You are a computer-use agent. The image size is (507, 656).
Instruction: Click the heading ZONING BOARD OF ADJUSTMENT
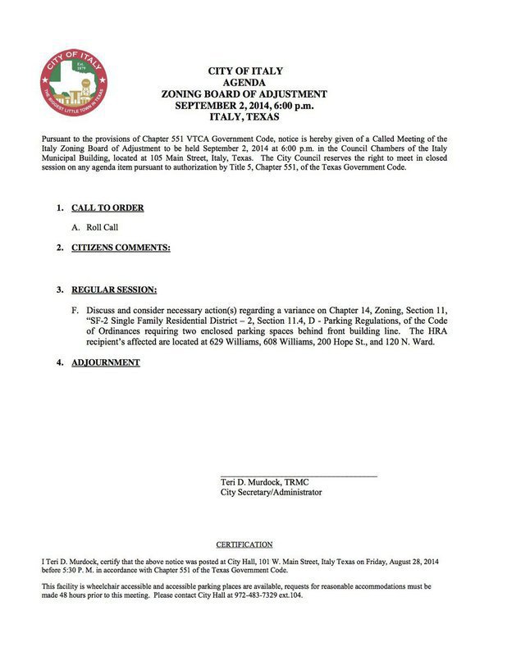pos(256,94)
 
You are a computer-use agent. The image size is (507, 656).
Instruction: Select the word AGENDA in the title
pos(256,83)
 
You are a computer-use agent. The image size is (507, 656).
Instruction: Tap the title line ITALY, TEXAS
pos(256,117)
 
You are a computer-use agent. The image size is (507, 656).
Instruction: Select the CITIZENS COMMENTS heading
pos(121,247)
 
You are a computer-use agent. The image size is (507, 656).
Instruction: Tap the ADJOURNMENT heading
pos(105,362)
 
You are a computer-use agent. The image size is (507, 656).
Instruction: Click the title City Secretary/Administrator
pos(271,493)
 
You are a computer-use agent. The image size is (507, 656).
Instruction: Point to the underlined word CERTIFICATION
pos(244,544)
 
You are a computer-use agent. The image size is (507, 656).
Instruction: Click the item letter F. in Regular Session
pos(76,310)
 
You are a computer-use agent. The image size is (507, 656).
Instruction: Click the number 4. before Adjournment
pos(60,362)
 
